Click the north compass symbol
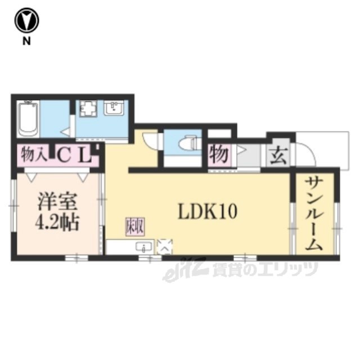pos(26,20)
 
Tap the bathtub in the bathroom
pos(28,119)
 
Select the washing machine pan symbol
pos(88,108)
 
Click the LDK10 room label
pos(208,211)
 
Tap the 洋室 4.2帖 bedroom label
pos(57,212)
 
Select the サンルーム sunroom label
pos(314,214)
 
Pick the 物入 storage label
pos(34,154)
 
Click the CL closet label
pos(73,155)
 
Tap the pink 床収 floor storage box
pos(135,227)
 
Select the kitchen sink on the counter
pos(144,247)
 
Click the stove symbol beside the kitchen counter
pos(165,247)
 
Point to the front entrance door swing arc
pos(309,149)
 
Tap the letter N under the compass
pos(26,41)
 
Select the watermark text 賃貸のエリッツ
pos(265,269)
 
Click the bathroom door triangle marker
pos(66,133)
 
